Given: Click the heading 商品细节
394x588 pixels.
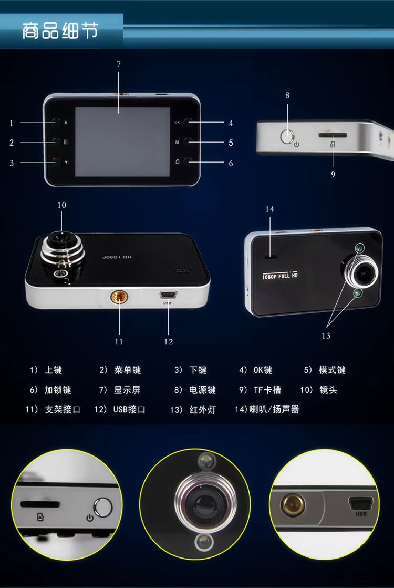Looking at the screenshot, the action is [60, 31].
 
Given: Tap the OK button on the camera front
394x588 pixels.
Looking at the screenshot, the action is [189, 122].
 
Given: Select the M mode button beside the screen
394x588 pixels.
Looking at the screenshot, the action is [189, 142].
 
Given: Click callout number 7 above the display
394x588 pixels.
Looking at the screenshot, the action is [119, 65].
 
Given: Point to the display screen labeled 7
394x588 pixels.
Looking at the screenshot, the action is [122, 142].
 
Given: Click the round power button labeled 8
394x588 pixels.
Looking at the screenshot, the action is [287, 136].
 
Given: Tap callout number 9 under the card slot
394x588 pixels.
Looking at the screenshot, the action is [333, 175].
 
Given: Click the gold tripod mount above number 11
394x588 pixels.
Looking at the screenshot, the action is [119, 298].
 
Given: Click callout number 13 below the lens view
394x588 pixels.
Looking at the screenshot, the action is [326, 336].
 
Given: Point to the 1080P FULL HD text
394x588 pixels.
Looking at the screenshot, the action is [280, 276].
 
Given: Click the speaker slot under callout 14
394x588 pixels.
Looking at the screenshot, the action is [270, 257].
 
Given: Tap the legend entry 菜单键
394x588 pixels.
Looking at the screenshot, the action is [127, 370].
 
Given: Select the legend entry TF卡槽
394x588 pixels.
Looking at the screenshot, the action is [267, 390].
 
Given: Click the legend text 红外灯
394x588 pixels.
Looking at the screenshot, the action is [203, 410].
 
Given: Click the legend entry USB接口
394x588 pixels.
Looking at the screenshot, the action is [129, 410].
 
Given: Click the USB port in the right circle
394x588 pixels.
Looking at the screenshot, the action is [361, 503].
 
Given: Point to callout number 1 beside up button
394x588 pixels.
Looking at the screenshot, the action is [12, 123].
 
